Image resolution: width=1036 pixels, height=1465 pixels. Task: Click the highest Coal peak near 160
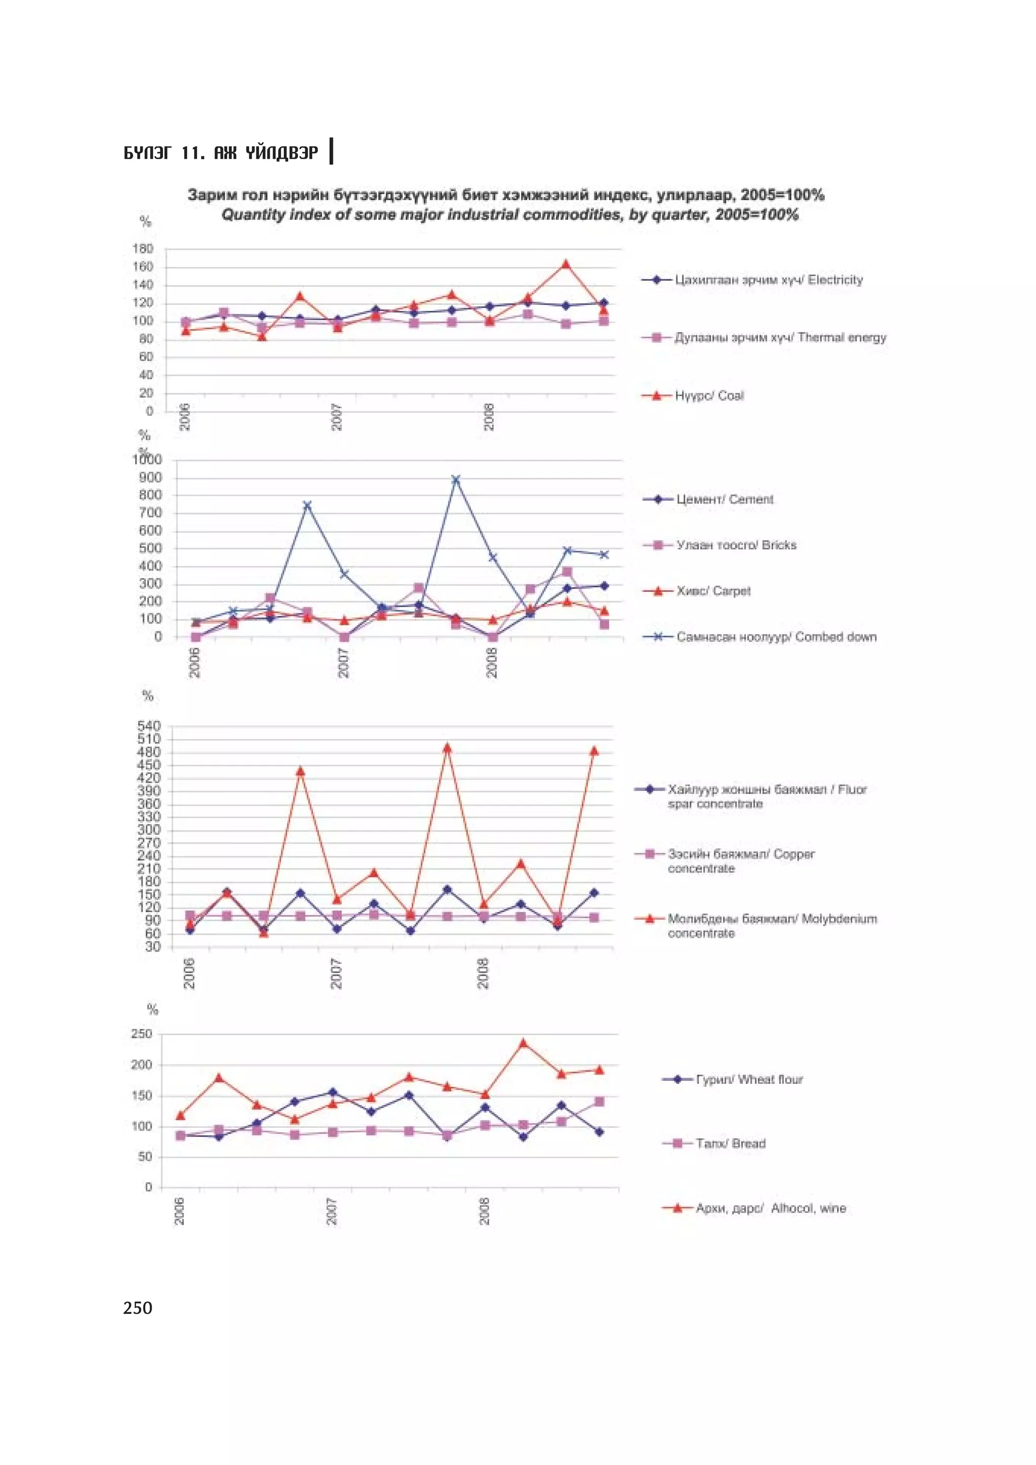[x=566, y=264]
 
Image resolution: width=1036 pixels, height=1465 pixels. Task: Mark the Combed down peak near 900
[x=456, y=479]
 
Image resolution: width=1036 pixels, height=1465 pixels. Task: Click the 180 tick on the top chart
[x=143, y=249]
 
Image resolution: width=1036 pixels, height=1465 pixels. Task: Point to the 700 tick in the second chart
[x=149, y=513]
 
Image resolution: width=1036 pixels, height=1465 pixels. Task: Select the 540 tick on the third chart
[x=149, y=726]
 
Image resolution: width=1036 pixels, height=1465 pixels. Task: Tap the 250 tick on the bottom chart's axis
[x=142, y=1034]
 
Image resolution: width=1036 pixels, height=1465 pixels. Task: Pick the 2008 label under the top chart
[x=489, y=417]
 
